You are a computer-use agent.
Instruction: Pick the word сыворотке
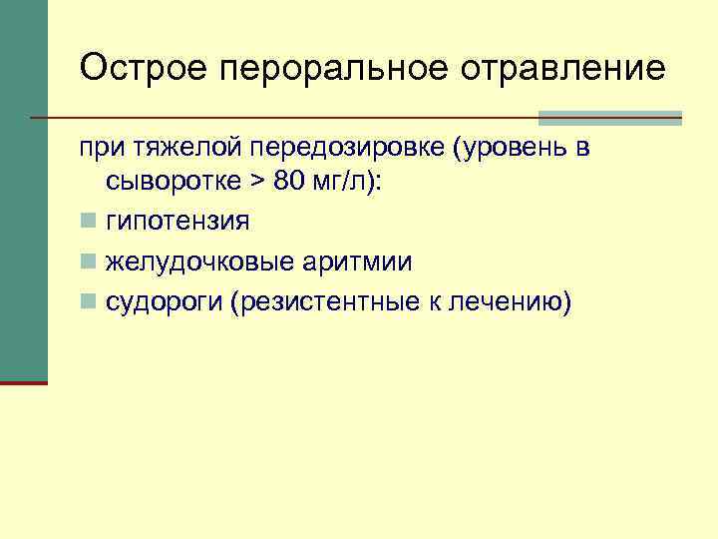click(x=171, y=184)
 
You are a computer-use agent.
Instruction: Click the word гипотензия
click(x=179, y=221)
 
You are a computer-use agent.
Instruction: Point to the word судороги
click(x=164, y=302)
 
